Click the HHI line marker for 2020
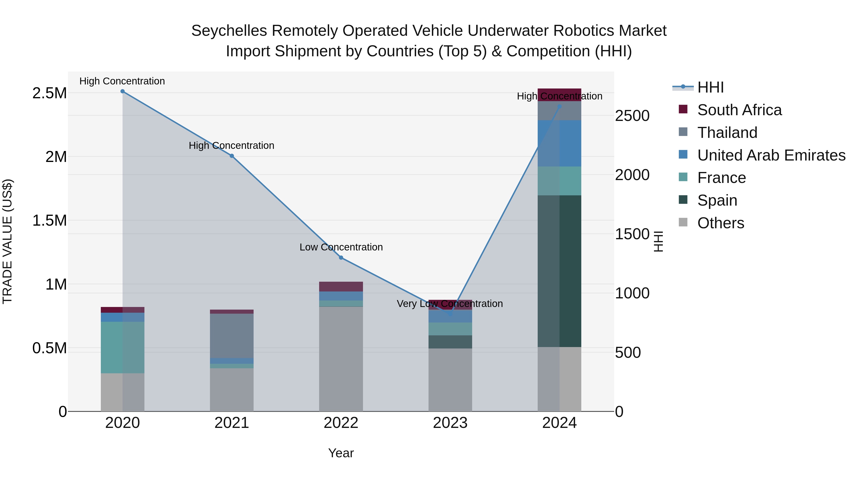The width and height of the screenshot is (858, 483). [x=123, y=91]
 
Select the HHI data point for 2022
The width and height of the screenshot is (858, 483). [x=341, y=258]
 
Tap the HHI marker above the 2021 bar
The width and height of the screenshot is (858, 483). [x=232, y=156]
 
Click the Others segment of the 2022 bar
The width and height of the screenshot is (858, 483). [x=341, y=359]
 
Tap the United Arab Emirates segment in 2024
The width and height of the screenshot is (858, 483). [x=560, y=143]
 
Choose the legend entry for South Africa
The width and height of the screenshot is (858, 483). [x=739, y=110]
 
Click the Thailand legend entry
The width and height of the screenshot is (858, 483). [x=727, y=133]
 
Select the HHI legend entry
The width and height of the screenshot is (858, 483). [x=710, y=87]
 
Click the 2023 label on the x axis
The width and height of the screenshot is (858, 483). [x=450, y=423]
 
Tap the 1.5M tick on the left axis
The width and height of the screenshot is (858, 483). [x=49, y=221]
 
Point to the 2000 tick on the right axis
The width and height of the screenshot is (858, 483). [x=632, y=175]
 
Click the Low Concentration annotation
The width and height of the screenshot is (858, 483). [x=341, y=247]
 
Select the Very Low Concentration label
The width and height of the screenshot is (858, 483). [x=450, y=304]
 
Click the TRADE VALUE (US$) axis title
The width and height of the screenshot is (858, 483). [x=7, y=241]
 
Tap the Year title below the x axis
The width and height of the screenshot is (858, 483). [x=341, y=453]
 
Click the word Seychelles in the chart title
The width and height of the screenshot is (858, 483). [x=229, y=31]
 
